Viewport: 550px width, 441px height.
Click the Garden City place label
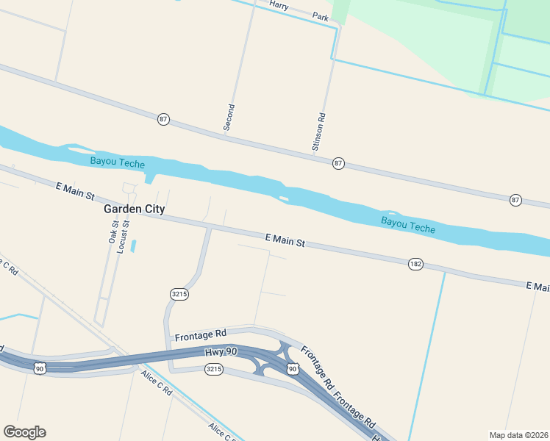[x=134, y=209]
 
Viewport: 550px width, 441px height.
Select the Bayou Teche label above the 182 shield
[x=408, y=225]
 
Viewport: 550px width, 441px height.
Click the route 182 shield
[x=415, y=264]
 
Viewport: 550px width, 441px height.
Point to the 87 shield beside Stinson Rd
[x=337, y=163]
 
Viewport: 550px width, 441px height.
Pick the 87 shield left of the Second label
[x=163, y=119]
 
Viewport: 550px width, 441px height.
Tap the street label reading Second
[x=229, y=118]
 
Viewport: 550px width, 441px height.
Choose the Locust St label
[x=121, y=236]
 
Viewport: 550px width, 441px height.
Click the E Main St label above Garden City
[x=76, y=193]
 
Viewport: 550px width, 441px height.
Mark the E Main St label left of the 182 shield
[x=285, y=240]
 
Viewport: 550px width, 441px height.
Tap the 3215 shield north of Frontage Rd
[x=179, y=294]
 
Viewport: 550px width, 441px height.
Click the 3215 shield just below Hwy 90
[x=214, y=368]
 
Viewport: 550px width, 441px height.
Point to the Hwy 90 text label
[x=221, y=353]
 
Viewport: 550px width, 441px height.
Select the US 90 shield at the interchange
[x=293, y=368]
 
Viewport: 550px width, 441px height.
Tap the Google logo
[x=24, y=432]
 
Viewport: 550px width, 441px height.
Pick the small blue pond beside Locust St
[x=133, y=245]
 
